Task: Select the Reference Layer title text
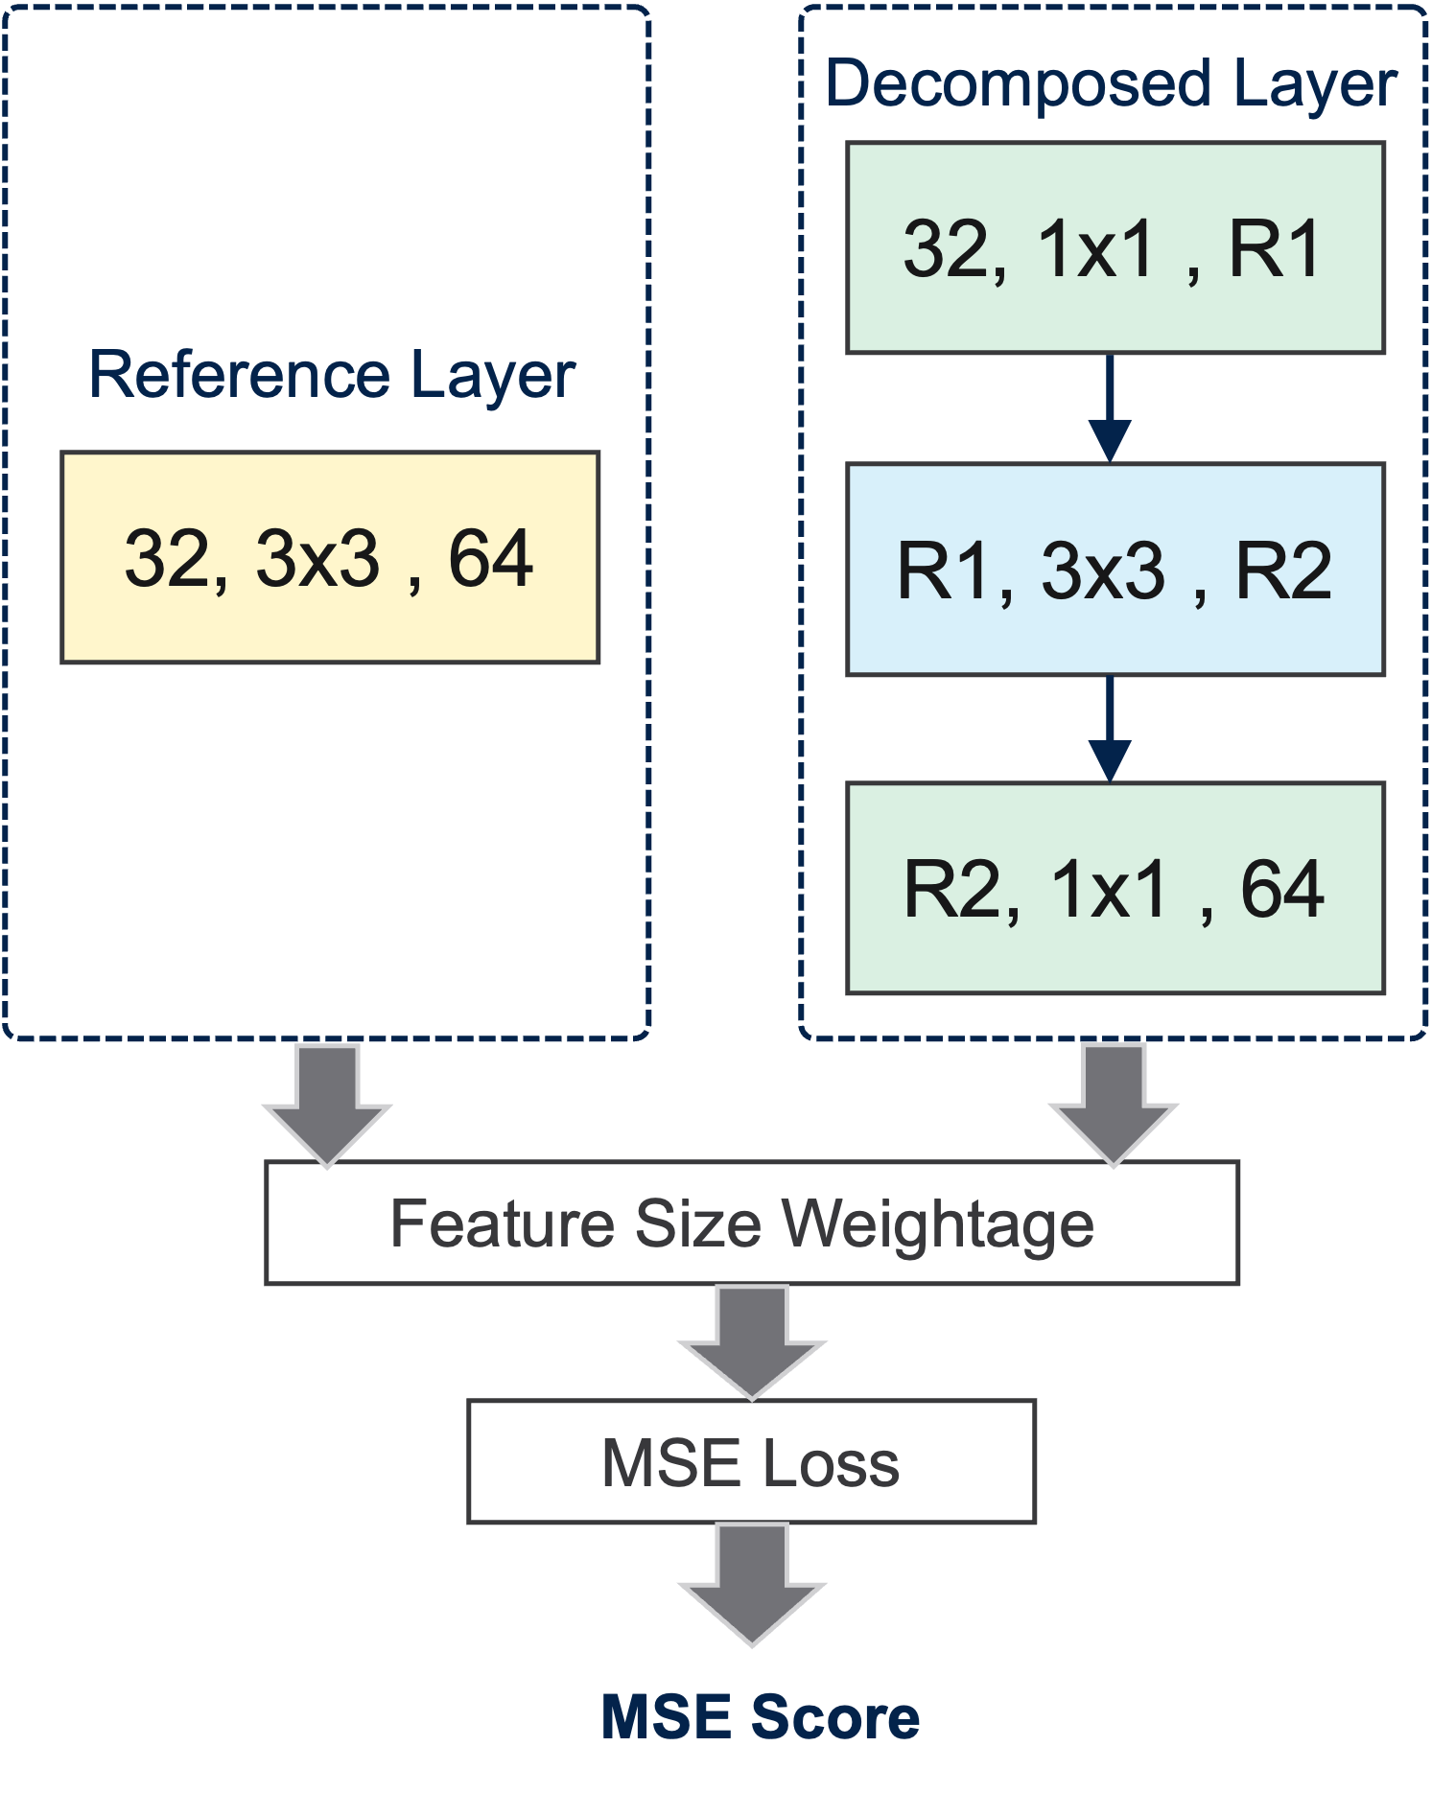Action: [332, 375]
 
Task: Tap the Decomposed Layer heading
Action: [1111, 83]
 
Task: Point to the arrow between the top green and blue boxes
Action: [1110, 408]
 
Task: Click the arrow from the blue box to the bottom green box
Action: [1110, 730]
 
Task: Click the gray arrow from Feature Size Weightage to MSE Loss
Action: [752, 1341]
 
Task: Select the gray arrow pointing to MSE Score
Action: [752, 1583]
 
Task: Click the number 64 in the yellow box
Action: [490, 558]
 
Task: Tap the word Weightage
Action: [937, 1224]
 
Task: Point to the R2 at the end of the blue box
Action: [1283, 570]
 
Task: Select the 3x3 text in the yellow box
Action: [317, 558]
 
